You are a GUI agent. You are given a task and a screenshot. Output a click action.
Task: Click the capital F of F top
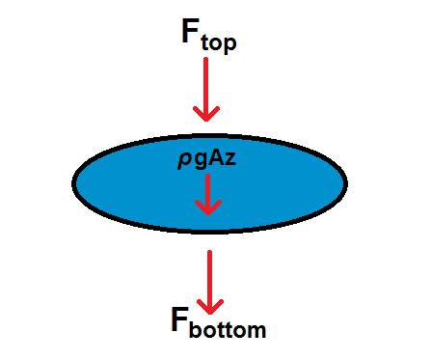193,30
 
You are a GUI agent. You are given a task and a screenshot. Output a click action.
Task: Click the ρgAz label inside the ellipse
208,163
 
